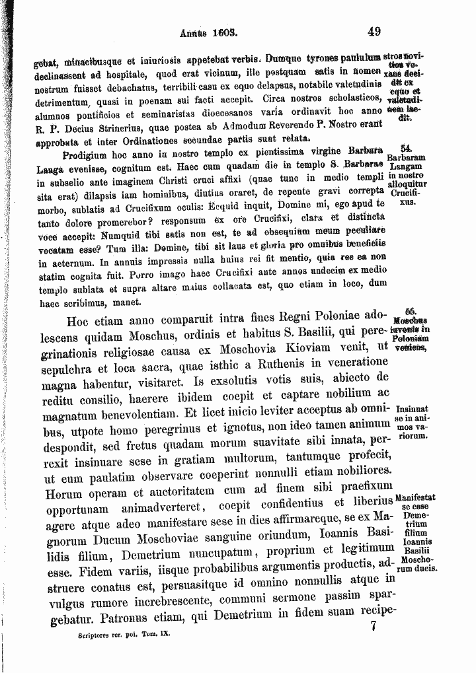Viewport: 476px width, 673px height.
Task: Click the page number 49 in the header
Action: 374,31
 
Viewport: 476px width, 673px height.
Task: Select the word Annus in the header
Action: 192,31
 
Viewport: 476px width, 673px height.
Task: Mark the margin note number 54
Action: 407,150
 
